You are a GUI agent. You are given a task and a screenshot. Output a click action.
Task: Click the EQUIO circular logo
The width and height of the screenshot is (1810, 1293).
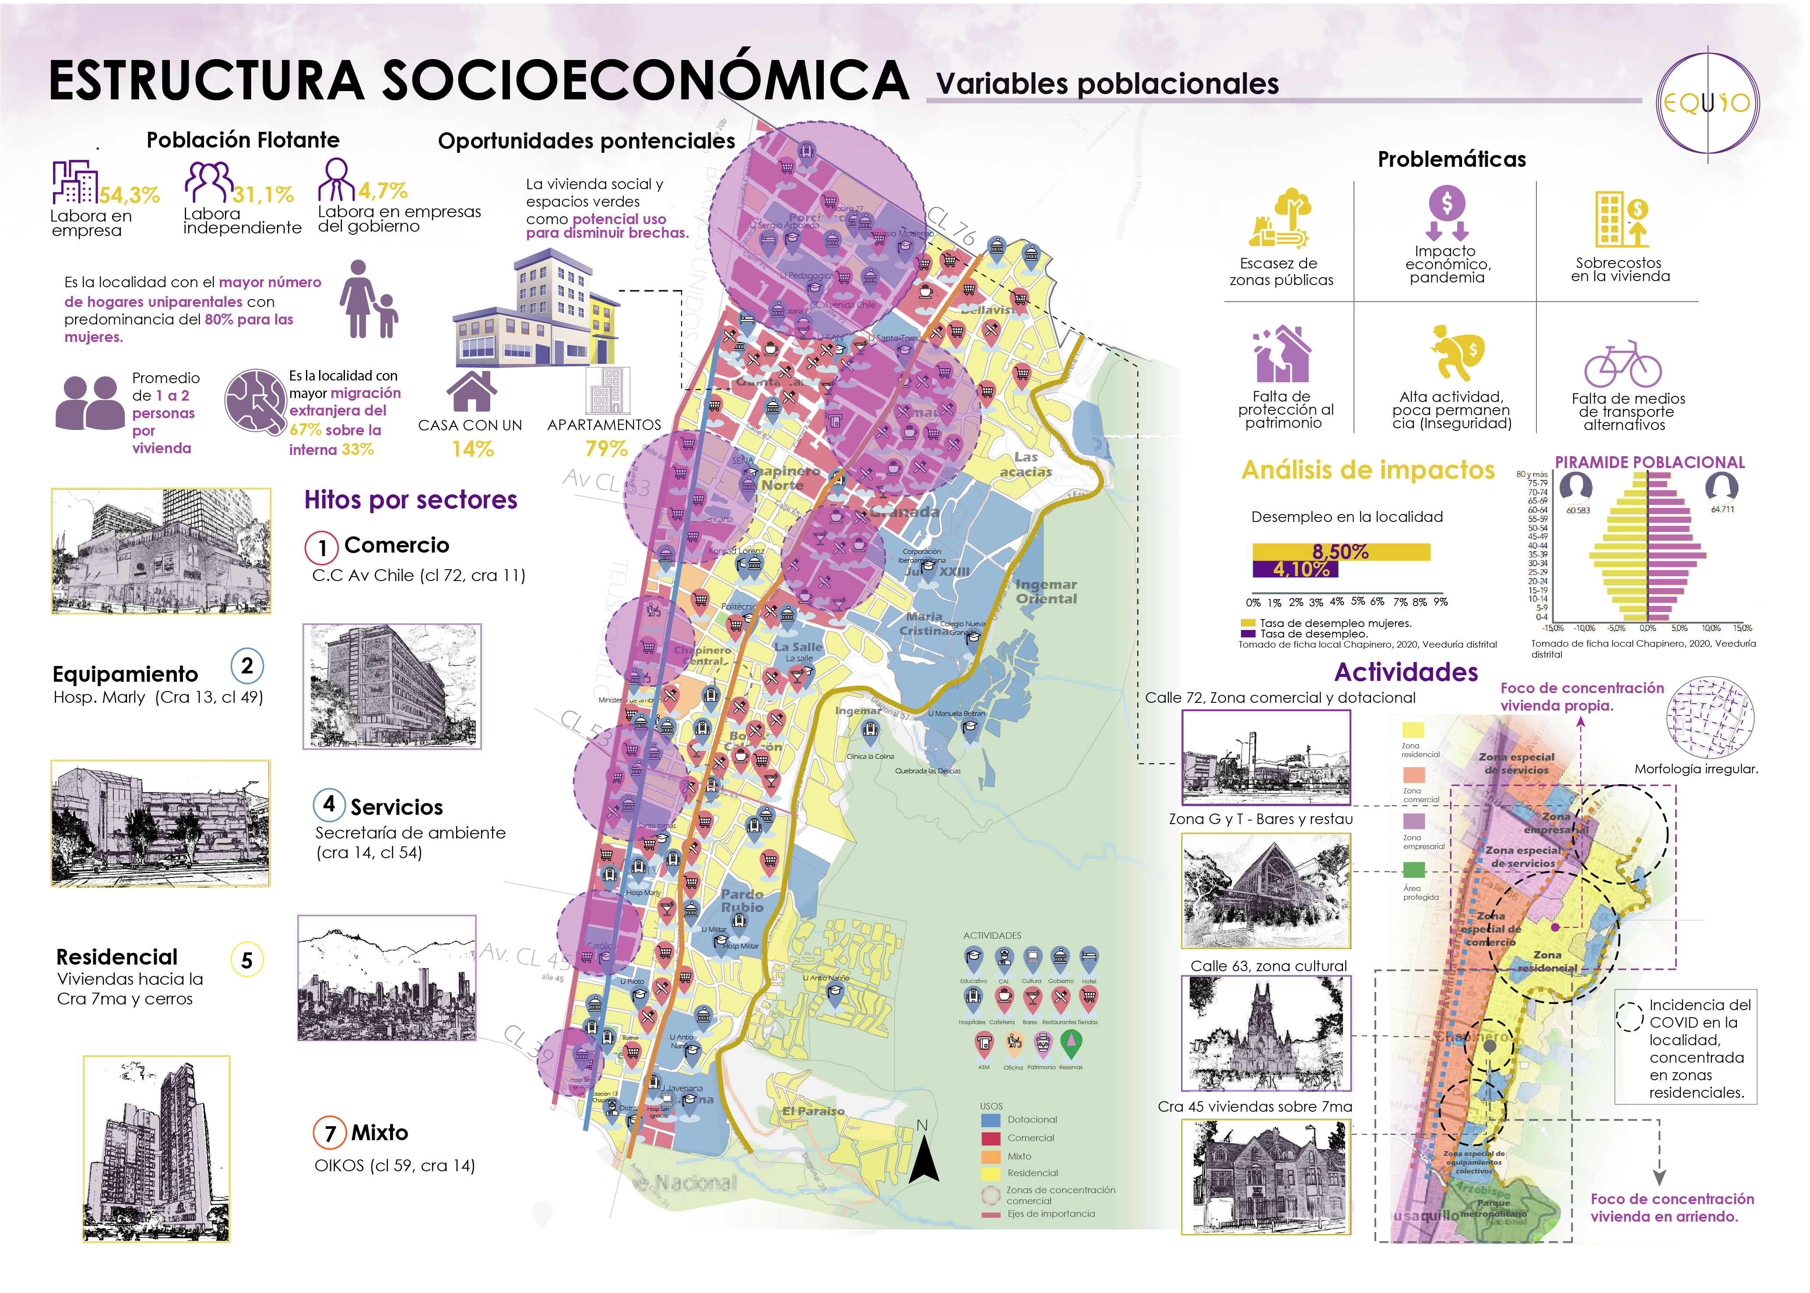pyautogui.click(x=1707, y=103)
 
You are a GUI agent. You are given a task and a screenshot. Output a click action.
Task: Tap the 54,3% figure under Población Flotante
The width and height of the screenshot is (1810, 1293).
pyautogui.click(x=129, y=194)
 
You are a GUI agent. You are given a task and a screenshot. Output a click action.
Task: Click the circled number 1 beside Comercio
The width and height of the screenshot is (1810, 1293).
pyautogui.click(x=322, y=547)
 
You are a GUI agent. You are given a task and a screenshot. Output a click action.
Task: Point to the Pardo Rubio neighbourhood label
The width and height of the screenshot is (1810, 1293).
pyautogui.click(x=742, y=901)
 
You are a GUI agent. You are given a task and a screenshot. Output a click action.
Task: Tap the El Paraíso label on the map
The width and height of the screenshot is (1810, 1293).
pyautogui.click(x=813, y=1111)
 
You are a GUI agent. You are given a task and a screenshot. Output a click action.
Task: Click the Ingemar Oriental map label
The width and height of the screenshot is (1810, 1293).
pyautogui.click(x=1046, y=592)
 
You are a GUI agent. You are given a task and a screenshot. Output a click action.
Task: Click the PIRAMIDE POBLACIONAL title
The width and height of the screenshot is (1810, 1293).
pyautogui.click(x=1649, y=462)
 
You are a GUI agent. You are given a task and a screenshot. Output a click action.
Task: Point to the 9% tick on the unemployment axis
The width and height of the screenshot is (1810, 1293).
pyautogui.click(x=1440, y=602)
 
